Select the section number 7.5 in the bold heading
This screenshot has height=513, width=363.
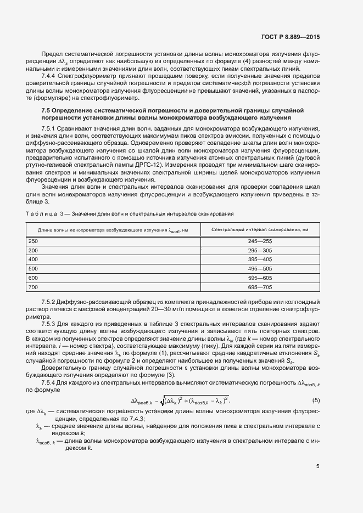pos(47,110)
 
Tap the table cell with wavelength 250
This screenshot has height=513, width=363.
pos(33,241)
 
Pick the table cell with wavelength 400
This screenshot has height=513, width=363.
pos(33,259)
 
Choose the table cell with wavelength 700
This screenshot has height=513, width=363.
pos(33,287)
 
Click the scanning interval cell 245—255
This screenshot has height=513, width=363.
pos(260,241)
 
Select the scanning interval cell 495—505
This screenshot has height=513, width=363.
pos(260,268)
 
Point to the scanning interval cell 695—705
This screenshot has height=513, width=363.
pos(260,287)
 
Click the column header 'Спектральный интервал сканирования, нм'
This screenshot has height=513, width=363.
pos(259,229)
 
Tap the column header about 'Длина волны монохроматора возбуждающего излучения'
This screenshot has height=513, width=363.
pos(113,229)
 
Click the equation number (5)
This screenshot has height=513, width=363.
pos(316,400)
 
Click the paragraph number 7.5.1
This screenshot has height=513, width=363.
pos(50,127)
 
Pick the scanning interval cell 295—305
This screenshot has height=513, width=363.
pos(260,250)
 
